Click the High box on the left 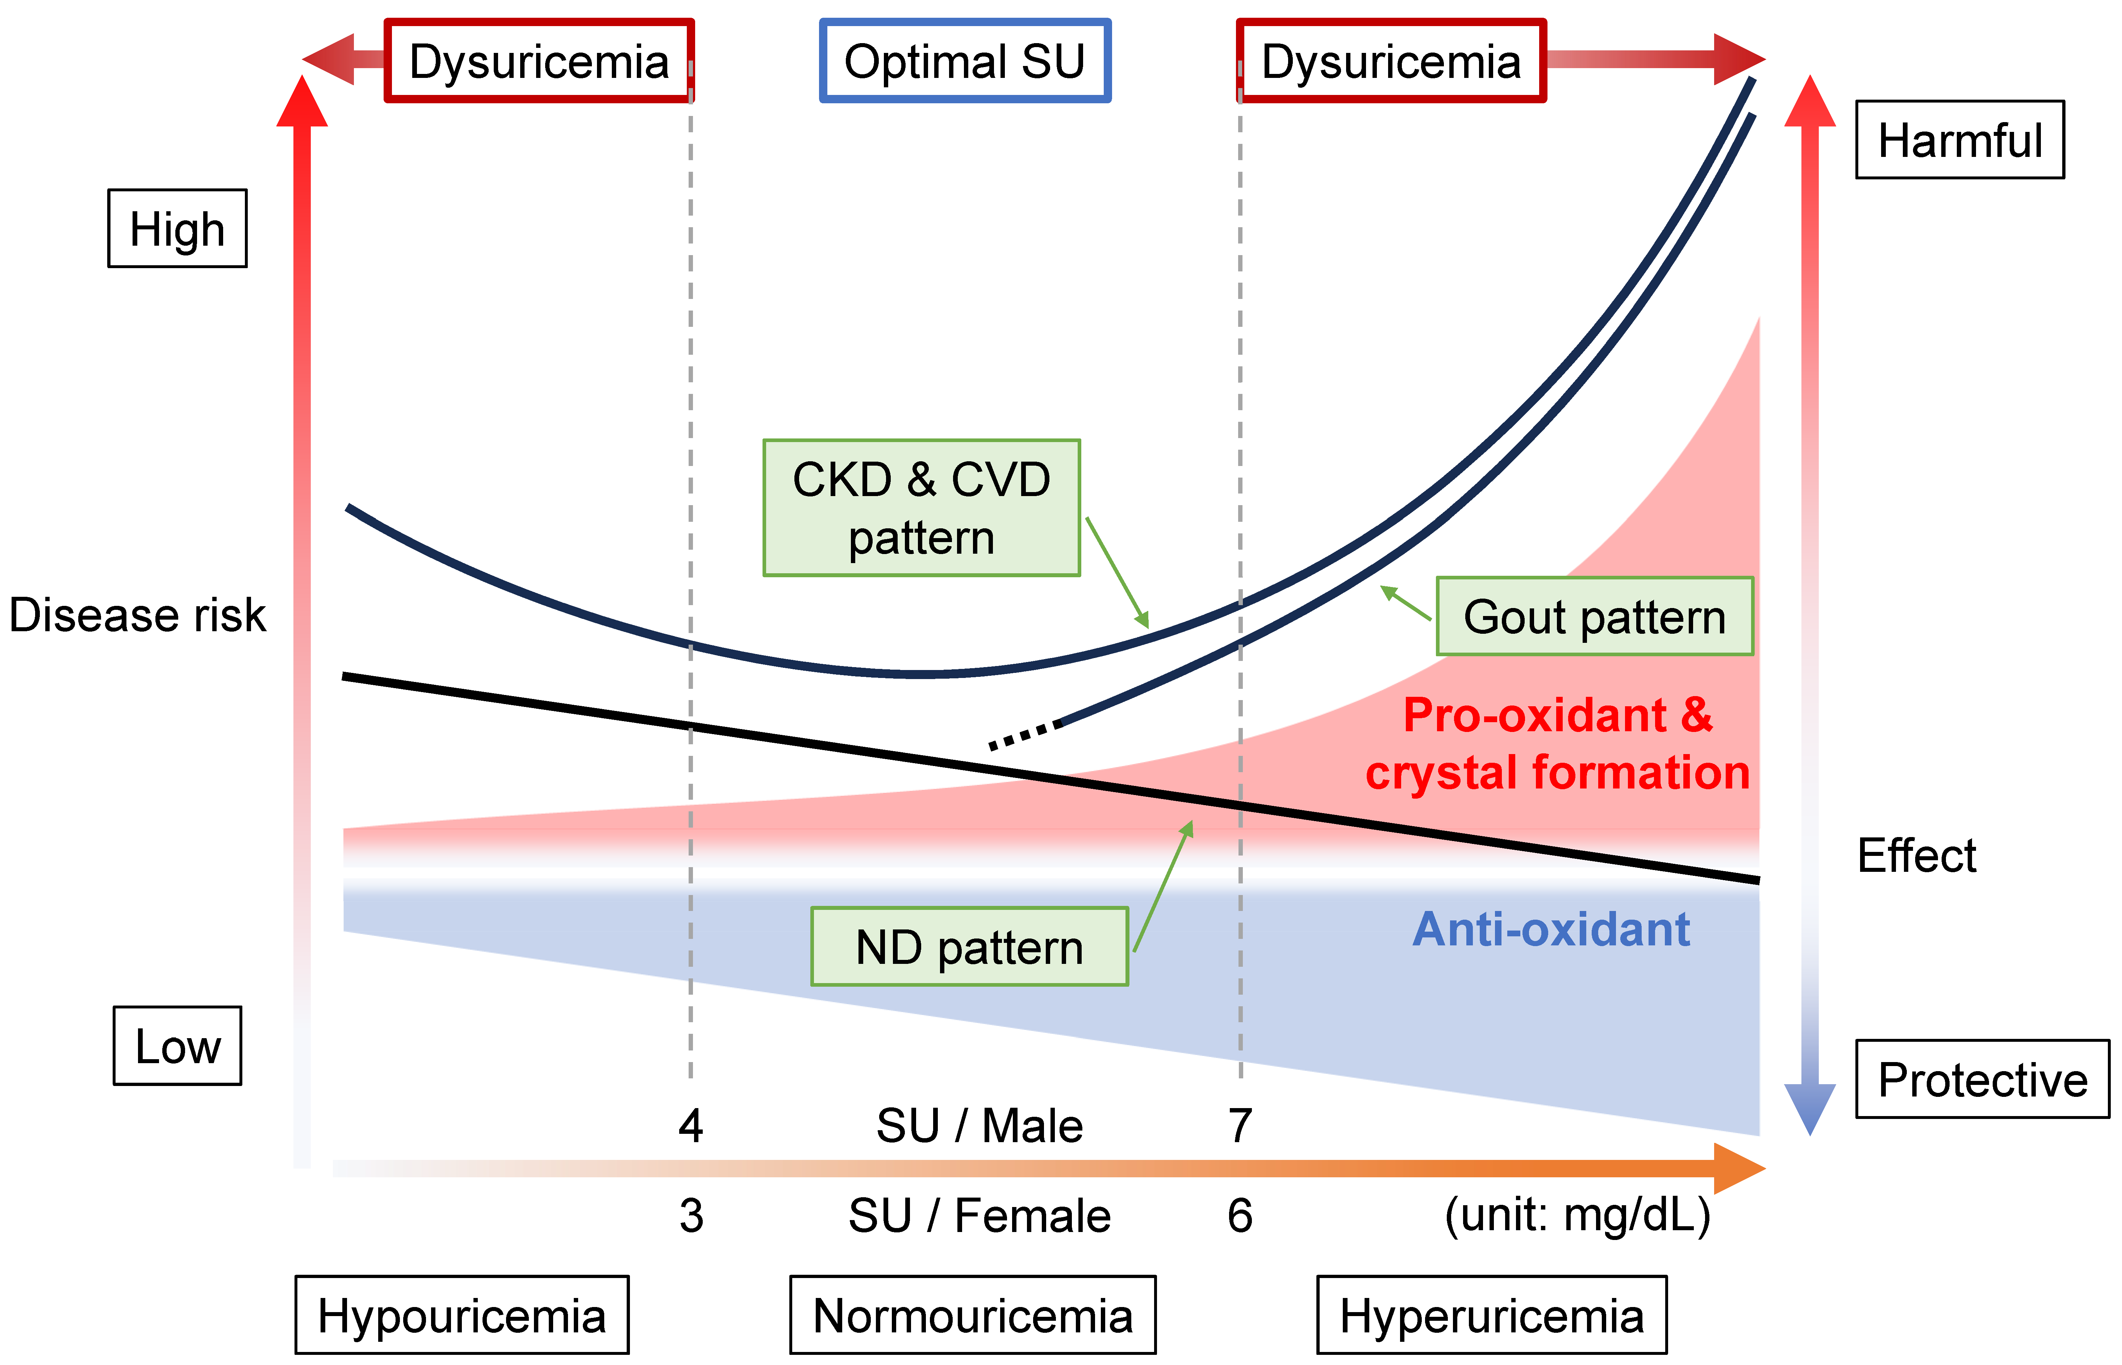(177, 229)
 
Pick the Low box (177, 1046)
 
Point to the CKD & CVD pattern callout (922, 508)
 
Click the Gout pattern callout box (1594, 617)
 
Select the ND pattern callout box (969, 946)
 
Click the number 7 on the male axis (1240, 1126)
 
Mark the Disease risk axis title (137, 615)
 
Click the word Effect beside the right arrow (1916, 855)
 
